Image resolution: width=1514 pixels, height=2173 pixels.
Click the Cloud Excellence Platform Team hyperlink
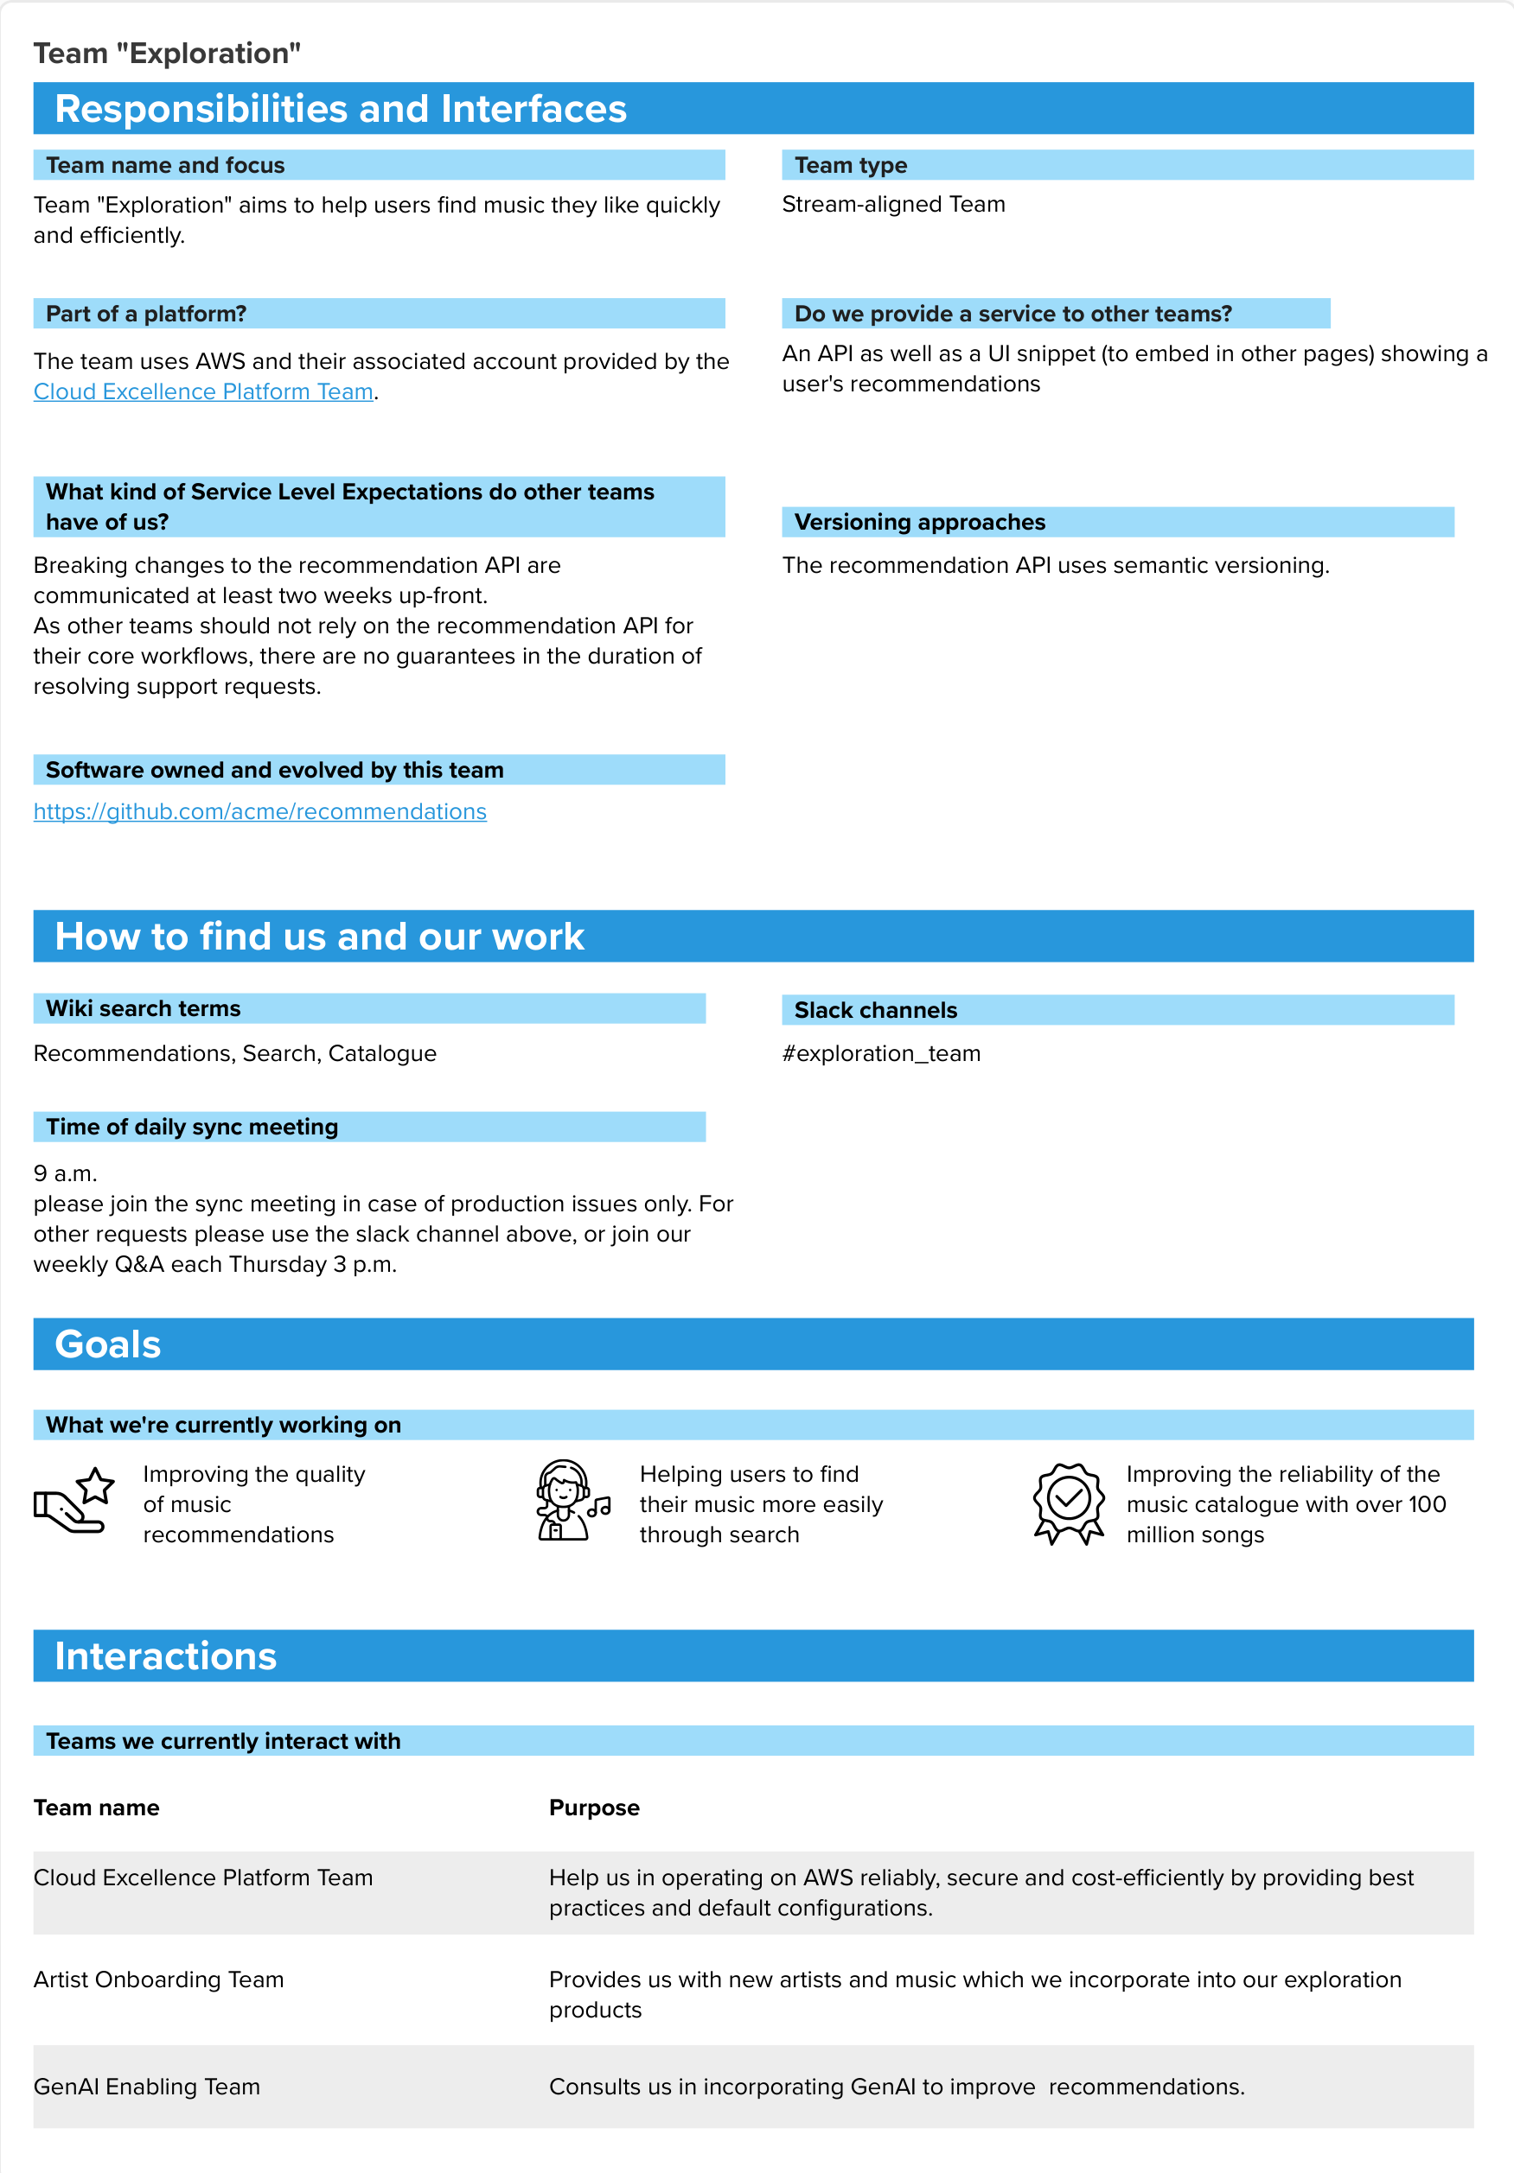click(x=202, y=391)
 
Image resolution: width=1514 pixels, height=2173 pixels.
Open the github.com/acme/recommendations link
click(x=259, y=812)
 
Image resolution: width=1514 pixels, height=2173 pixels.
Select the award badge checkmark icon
click(x=1068, y=1503)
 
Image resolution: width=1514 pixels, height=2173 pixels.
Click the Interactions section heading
click(x=166, y=1656)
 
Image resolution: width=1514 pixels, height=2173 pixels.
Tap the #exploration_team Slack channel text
click(x=880, y=1053)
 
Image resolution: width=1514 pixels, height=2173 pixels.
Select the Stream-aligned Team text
click(x=893, y=205)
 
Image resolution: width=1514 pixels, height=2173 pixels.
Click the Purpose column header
click(x=594, y=1808)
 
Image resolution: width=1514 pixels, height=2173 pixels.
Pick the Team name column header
click(x=97, y=1808)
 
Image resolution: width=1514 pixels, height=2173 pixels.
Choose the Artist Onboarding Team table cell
click(x=158, y=1980)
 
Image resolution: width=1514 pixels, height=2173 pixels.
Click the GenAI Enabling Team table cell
click(x=147, y=2087)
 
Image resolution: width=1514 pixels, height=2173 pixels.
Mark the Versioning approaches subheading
click(x=919, y=523)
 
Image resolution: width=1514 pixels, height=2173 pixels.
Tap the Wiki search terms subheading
click(x=143, y=1009)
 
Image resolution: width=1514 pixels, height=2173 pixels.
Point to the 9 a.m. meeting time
click(x=66, y=1173)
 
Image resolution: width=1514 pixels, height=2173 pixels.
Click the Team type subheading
click(x=850, y=166)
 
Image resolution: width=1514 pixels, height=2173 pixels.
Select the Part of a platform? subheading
click(x=146, y=315)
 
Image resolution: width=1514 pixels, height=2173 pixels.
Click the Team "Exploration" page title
click(x=167, y=54)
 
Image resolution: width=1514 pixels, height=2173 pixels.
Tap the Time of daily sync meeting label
click(x=191, y=1128)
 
